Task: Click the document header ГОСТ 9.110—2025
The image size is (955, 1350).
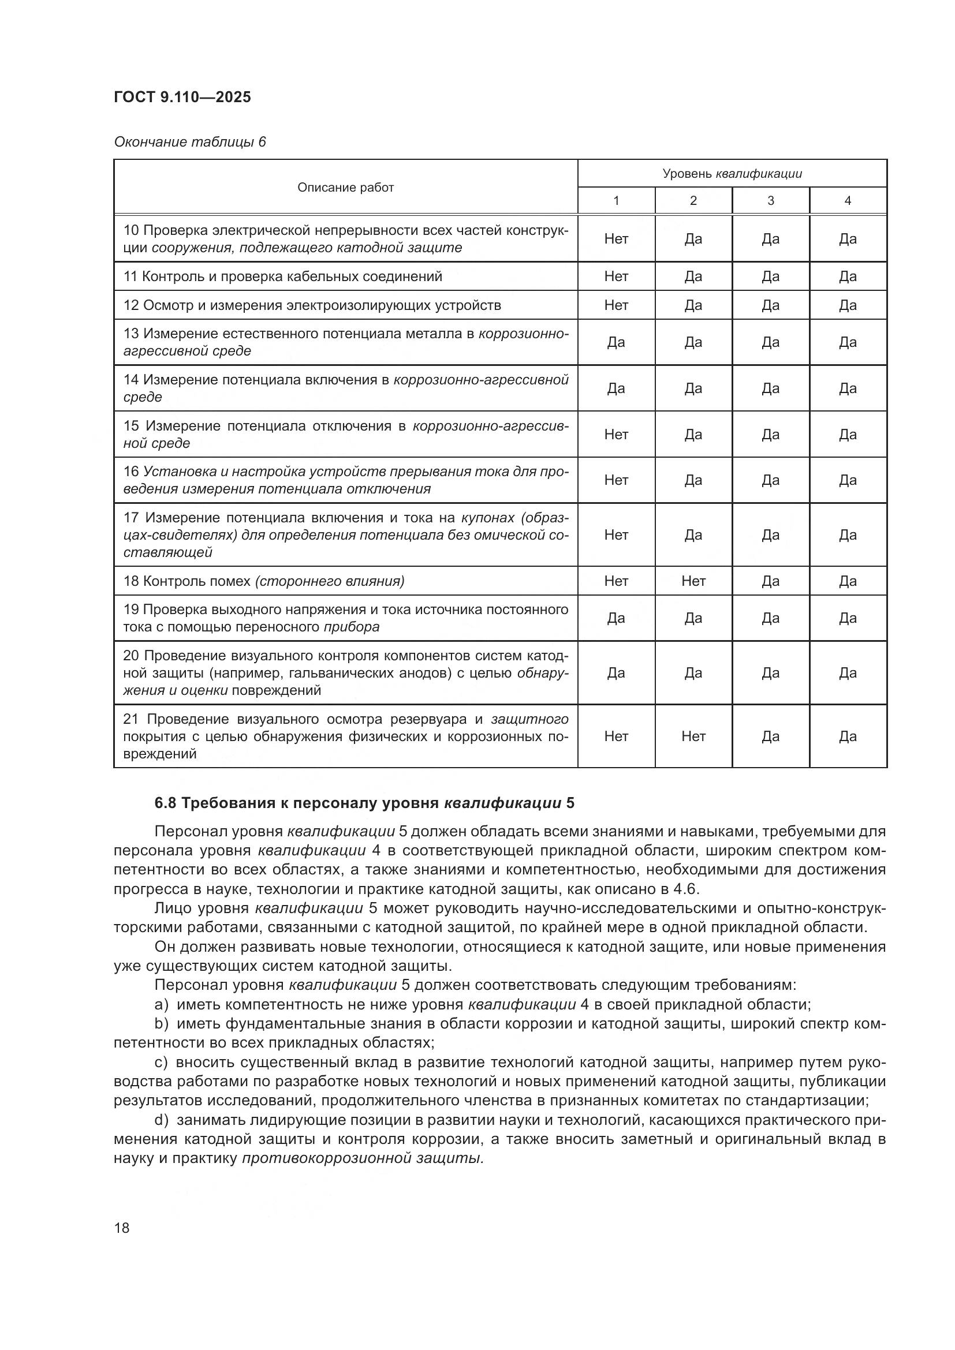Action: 182,97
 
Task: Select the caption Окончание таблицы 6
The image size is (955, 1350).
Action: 190,142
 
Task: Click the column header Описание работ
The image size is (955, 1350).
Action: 345,187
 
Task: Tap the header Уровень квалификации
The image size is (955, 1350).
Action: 732,174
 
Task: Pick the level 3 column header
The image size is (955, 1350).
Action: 770,200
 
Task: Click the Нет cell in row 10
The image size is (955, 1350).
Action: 615,239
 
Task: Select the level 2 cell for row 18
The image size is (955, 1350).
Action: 693,581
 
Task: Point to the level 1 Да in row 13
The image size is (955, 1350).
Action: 615,342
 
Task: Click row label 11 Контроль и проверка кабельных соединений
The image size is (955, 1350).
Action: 282,276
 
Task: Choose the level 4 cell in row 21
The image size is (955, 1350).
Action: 848,736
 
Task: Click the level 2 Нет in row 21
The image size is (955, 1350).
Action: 693,736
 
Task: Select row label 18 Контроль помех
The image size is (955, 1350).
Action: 263,581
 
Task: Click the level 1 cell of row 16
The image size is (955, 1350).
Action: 615,480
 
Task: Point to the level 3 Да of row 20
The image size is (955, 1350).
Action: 770,672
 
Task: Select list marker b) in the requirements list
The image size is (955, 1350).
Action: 161,1024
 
